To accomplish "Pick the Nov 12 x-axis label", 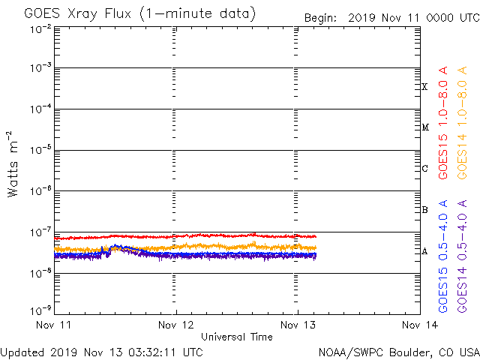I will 176,325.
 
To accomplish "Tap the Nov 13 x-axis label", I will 298,325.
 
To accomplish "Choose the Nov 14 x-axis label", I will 419,325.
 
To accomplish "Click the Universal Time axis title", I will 236,337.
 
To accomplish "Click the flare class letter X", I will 424,87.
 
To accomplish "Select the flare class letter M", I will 424,127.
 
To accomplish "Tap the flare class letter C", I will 424,169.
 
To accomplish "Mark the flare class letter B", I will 424,210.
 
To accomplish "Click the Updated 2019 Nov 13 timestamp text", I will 101,351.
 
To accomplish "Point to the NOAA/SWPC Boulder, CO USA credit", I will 398,351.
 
